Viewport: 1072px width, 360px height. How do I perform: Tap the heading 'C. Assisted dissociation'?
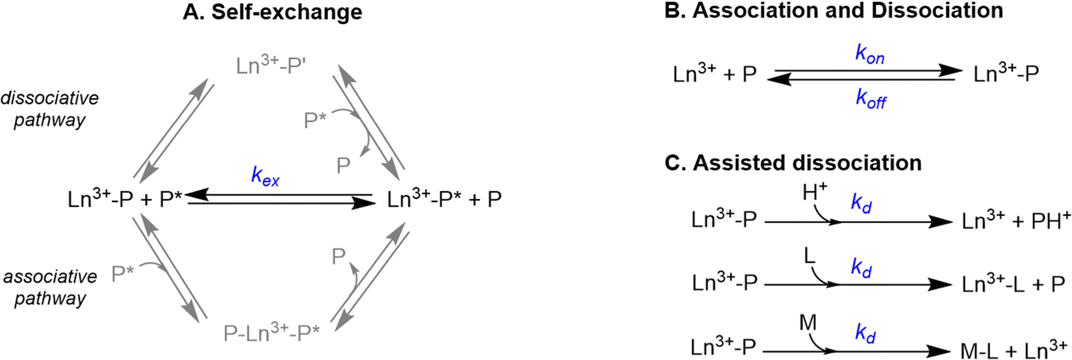click(x=793, y=162)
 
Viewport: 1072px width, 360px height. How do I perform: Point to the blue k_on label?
click(x=870, y=57)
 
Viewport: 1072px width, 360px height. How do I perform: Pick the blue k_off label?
click(x=871, y=100)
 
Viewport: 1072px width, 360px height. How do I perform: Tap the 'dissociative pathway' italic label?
click(x=49, y=109)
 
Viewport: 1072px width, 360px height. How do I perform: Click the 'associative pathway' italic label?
click(x=49, y=287)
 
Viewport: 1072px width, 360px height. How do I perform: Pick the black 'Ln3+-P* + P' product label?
click(x=444, y=199)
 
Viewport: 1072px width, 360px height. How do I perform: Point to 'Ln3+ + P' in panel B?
click(x=715, y=74)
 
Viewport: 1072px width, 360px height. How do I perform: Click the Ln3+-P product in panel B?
click(x=1006, y=73)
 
